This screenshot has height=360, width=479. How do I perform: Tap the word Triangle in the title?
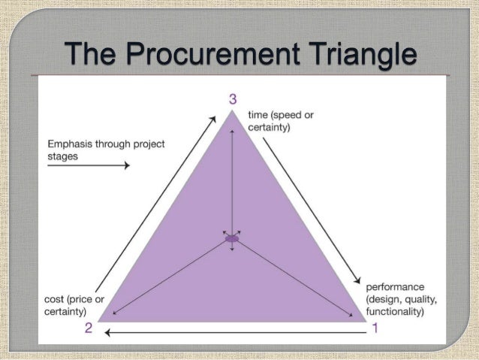(360, 54)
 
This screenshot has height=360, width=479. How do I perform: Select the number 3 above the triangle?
(233, 98)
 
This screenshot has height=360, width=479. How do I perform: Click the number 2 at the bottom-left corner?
(88, 328)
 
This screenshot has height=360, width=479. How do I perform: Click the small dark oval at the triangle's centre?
(232, 238)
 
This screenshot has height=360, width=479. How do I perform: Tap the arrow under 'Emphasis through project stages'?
(88, 165)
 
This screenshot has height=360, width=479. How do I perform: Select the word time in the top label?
(258, 116)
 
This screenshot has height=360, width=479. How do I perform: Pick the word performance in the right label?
(395, 287)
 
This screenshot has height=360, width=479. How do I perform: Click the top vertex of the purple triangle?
(232, 112)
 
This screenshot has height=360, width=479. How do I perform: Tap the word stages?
(63, 155)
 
